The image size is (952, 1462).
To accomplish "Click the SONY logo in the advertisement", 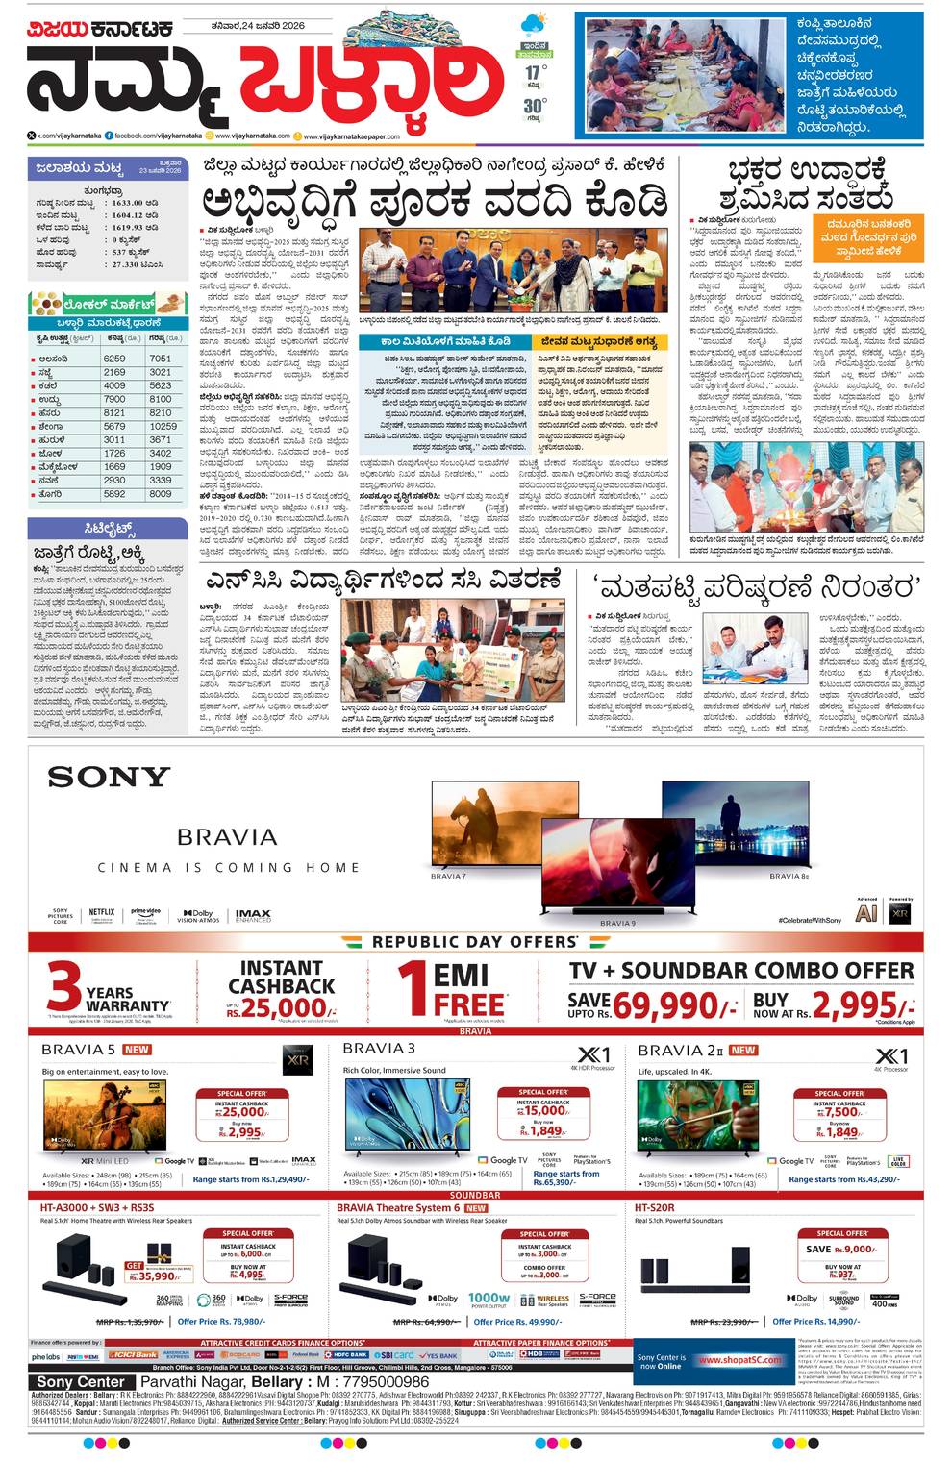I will coord(109,776).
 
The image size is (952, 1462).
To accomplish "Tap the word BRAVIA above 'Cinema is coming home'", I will coord(227,836).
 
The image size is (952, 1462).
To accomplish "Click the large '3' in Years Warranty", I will coord(63,988).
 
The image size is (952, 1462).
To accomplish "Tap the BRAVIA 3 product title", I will coord(379,1048).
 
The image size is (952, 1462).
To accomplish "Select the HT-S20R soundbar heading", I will coord(654,1207).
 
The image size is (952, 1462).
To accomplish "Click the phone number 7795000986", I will coord(373,1381).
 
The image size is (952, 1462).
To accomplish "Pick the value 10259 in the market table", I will coord(163,426).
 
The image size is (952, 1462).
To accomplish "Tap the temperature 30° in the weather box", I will coord(535,105).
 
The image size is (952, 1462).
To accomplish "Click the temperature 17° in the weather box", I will coord(535,72).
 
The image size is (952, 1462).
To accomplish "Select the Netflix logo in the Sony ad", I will coord(101,912).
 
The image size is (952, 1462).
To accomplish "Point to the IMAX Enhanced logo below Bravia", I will coord(253,916).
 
